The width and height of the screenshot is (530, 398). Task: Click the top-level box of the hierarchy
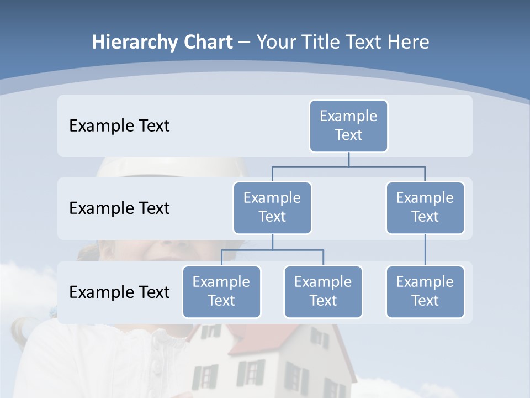348,125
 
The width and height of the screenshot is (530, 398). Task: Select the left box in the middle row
272,207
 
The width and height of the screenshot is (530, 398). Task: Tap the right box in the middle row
425,207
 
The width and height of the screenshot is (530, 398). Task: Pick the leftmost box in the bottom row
221,291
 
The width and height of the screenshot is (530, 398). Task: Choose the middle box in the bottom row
323,291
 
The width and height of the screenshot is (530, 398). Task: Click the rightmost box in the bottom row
425,291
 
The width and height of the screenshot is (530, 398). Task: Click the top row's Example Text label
119,125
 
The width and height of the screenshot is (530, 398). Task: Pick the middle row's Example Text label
119,208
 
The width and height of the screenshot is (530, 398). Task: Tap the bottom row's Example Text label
119,292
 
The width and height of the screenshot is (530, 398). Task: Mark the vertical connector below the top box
348,159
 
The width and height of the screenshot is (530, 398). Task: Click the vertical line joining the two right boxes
425,250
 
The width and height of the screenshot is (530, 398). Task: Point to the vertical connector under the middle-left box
272,242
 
